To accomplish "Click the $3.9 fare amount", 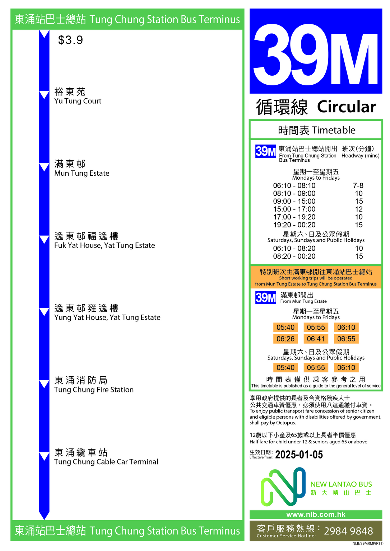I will [70, 40].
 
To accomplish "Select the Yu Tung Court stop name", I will [78, 96].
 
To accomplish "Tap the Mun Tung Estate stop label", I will [82, 168].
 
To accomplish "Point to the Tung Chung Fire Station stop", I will [94, 385].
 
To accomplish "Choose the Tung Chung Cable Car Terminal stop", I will [106, 457].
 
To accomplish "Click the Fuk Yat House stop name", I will [105, 240].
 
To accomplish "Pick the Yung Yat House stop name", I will [107, 312].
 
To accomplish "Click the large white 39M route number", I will [316, 55].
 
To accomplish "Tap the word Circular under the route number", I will [346, 107].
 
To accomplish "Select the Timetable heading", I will [316, 130].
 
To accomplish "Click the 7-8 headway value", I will [358, 185].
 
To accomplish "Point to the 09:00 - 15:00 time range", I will [294, 201].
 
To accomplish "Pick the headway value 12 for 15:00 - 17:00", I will [359, 209].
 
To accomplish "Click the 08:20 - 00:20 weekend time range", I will [294, 256].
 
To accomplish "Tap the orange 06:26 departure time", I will [285, 339].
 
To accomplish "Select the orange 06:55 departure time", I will [346, 339].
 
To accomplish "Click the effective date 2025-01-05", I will [299, 455].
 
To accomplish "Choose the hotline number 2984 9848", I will [348, 531].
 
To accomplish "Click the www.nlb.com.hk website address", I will [316, 514].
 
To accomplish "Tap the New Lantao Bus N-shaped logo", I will [283, 486].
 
